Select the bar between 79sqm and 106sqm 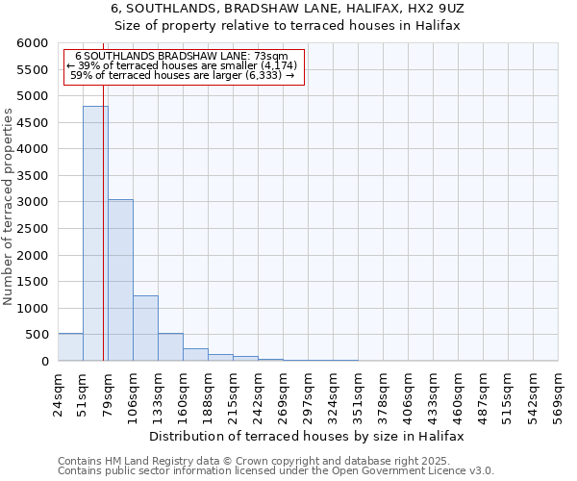[120, 280]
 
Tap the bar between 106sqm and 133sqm [145, 328]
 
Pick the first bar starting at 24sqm [70, 347]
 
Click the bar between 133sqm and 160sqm [170, 347]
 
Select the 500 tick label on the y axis [38, 336]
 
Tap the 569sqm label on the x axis [559, 393]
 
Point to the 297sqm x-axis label [309, 393]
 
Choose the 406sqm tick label [409, 393]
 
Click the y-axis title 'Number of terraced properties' [9, 207]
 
